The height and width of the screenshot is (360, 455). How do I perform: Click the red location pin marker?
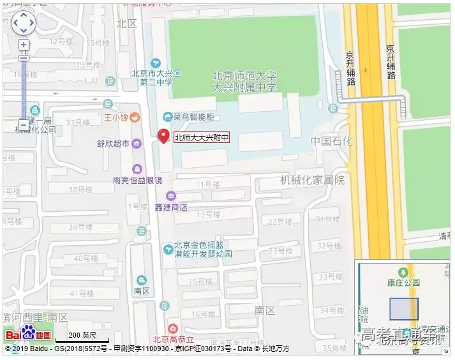[x=163, y=136]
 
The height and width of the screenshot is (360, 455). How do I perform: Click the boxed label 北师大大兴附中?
[x=201, y=137]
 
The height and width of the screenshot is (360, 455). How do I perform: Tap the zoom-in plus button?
[x=24, y=45]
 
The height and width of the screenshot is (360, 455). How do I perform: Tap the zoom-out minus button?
[x=24, y=124]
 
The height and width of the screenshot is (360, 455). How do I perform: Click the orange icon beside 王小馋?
[x=136, y=117]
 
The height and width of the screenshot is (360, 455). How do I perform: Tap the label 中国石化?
[x=331, y=141]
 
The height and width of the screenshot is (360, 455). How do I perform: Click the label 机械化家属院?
[x=312, y=180]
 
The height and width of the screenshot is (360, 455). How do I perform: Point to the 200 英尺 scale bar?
[x=82, y=336]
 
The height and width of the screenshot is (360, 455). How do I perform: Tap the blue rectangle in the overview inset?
[x=403, y=309]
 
